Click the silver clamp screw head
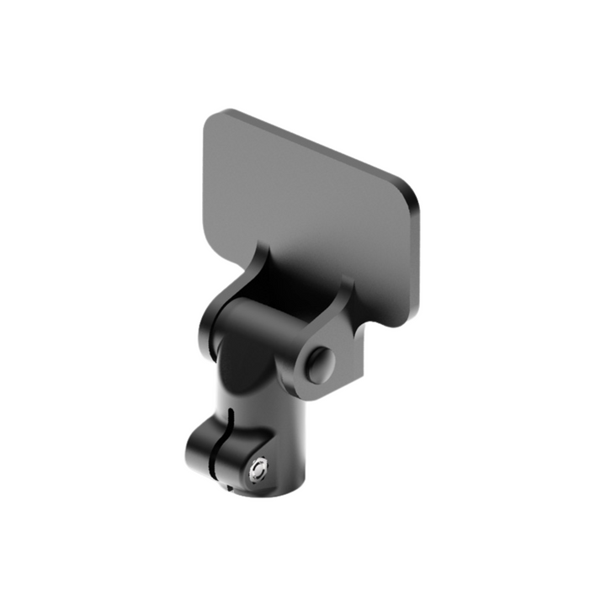259,468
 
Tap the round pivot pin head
320,364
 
